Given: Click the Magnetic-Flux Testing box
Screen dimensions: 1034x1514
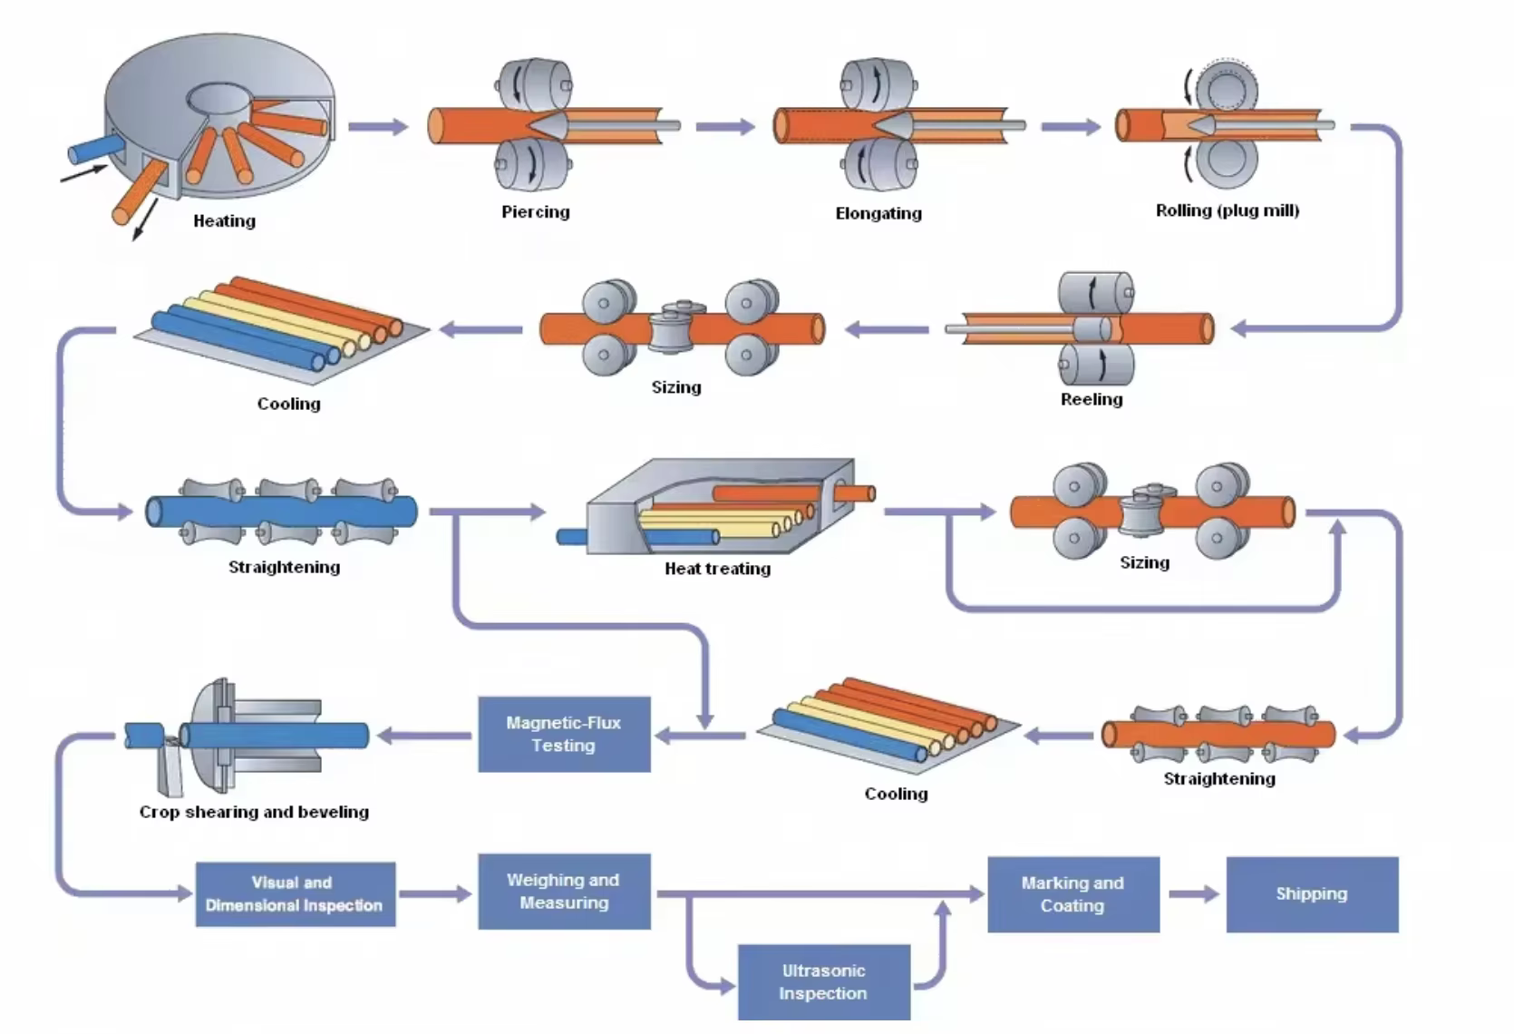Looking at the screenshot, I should (564, 734).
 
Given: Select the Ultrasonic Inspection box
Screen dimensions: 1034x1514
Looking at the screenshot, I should (823, 981).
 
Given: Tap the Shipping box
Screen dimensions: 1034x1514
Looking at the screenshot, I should (1311, 893).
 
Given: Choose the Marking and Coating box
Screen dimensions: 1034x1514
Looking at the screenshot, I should (1072, 893).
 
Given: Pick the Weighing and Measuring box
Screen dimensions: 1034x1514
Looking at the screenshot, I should (564, 891).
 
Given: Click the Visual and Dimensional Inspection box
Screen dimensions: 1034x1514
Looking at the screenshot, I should (295, 893).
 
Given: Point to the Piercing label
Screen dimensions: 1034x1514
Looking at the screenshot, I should (536, 211).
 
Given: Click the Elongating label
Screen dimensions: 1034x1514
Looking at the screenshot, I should (878, 213).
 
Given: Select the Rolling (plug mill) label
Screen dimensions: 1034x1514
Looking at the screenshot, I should (1227, 210).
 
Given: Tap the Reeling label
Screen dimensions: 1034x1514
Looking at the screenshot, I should (1092, 399).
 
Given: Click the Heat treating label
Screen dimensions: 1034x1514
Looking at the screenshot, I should (717, 569).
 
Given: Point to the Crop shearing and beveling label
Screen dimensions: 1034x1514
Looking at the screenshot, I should (254, 812).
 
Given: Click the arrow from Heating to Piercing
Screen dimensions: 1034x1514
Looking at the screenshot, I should (378, 126).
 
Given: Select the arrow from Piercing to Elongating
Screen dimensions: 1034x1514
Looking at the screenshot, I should (725, 126).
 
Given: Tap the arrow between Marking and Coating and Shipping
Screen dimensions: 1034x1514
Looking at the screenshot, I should (1193, 894).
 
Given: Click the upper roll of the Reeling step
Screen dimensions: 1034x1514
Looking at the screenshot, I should (1096, 292).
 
